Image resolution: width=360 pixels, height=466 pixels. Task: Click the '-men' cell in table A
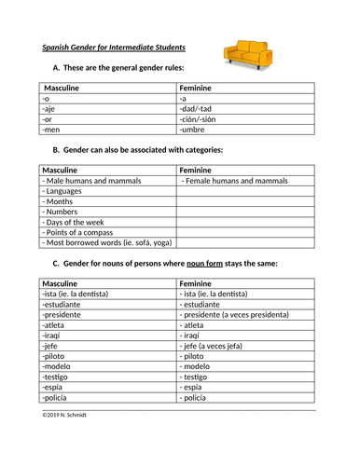click(52, 130)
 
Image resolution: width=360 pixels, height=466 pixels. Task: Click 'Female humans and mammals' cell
click(234, 181)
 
